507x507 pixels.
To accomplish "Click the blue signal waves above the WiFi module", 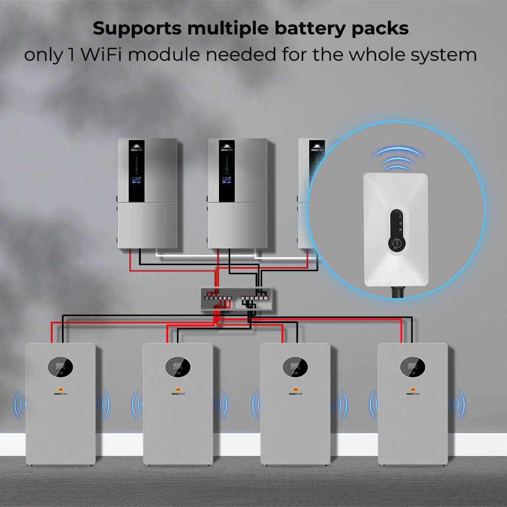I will point(398,158).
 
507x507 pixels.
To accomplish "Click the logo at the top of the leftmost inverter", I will point(136,146).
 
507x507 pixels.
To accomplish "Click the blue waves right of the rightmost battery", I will point(459,405).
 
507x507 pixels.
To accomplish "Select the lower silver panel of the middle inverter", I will point(237,226).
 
